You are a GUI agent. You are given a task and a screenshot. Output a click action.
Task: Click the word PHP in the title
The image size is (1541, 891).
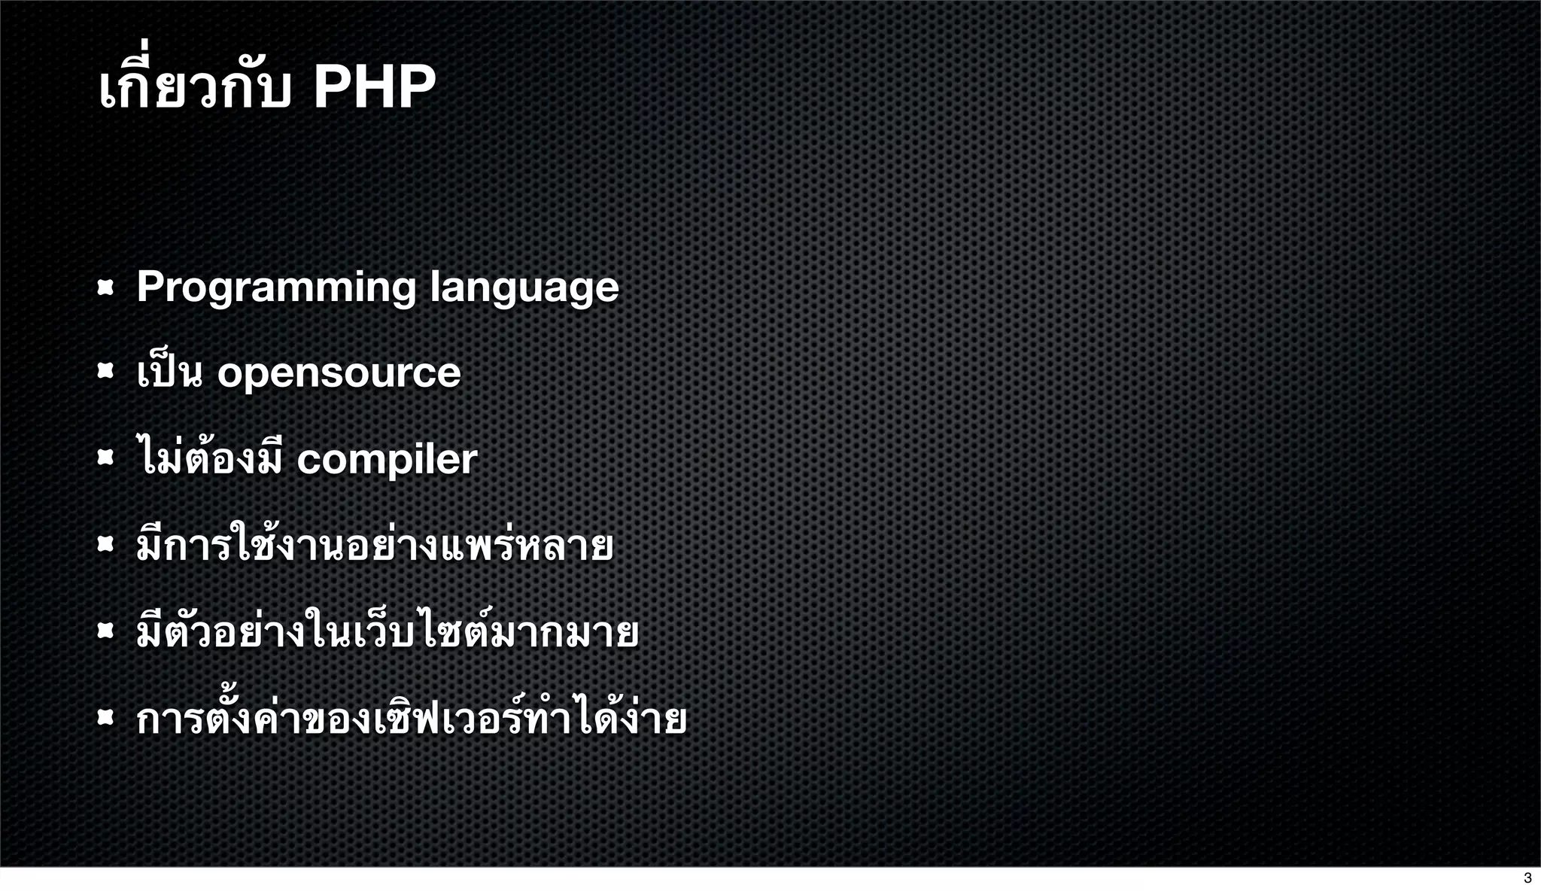[374, 87]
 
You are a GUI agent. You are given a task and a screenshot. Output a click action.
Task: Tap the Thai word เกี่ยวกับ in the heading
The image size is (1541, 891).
[194, 87]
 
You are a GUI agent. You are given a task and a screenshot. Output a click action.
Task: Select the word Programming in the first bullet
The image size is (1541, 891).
[276, 287]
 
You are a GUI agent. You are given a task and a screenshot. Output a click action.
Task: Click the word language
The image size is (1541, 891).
[524, 287]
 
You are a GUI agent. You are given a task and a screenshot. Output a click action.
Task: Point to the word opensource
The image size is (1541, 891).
[339, 373]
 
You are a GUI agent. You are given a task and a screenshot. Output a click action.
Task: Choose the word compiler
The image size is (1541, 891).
[387, 459]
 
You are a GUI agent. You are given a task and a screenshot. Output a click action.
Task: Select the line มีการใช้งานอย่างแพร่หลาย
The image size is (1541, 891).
[375, 546]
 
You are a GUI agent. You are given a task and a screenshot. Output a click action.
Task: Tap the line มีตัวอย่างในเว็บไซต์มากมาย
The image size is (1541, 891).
[388, 632]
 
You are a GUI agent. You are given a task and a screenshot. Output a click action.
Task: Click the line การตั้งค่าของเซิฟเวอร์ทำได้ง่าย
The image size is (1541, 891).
[412, 719]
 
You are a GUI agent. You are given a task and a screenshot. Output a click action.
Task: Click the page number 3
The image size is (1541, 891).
[1527, 878]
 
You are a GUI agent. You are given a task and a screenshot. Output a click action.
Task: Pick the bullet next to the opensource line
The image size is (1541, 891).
[105, 371]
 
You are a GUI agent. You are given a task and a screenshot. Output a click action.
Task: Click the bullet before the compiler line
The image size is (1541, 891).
[105, 458]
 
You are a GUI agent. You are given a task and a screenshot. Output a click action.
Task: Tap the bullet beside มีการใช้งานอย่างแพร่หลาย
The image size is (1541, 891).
[105, 544]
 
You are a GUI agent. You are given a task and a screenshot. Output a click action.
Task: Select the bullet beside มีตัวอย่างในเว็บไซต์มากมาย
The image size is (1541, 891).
[105, 631]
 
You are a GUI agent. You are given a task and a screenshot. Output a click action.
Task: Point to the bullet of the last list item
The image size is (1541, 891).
[105, 718]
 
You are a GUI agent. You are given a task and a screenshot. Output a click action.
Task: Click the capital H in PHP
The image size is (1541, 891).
[374, 87]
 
